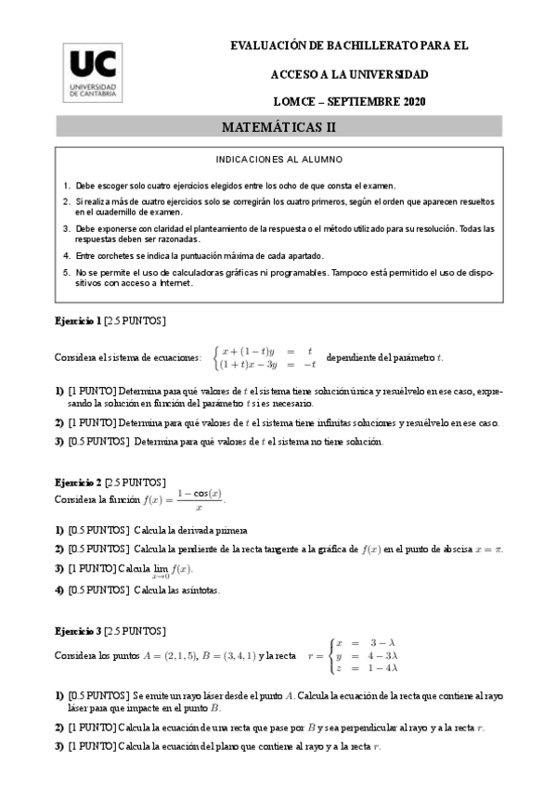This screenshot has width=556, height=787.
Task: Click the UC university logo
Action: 94,73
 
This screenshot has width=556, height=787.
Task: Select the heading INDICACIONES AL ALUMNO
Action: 278,160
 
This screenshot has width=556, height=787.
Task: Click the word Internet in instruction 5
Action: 174,283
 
